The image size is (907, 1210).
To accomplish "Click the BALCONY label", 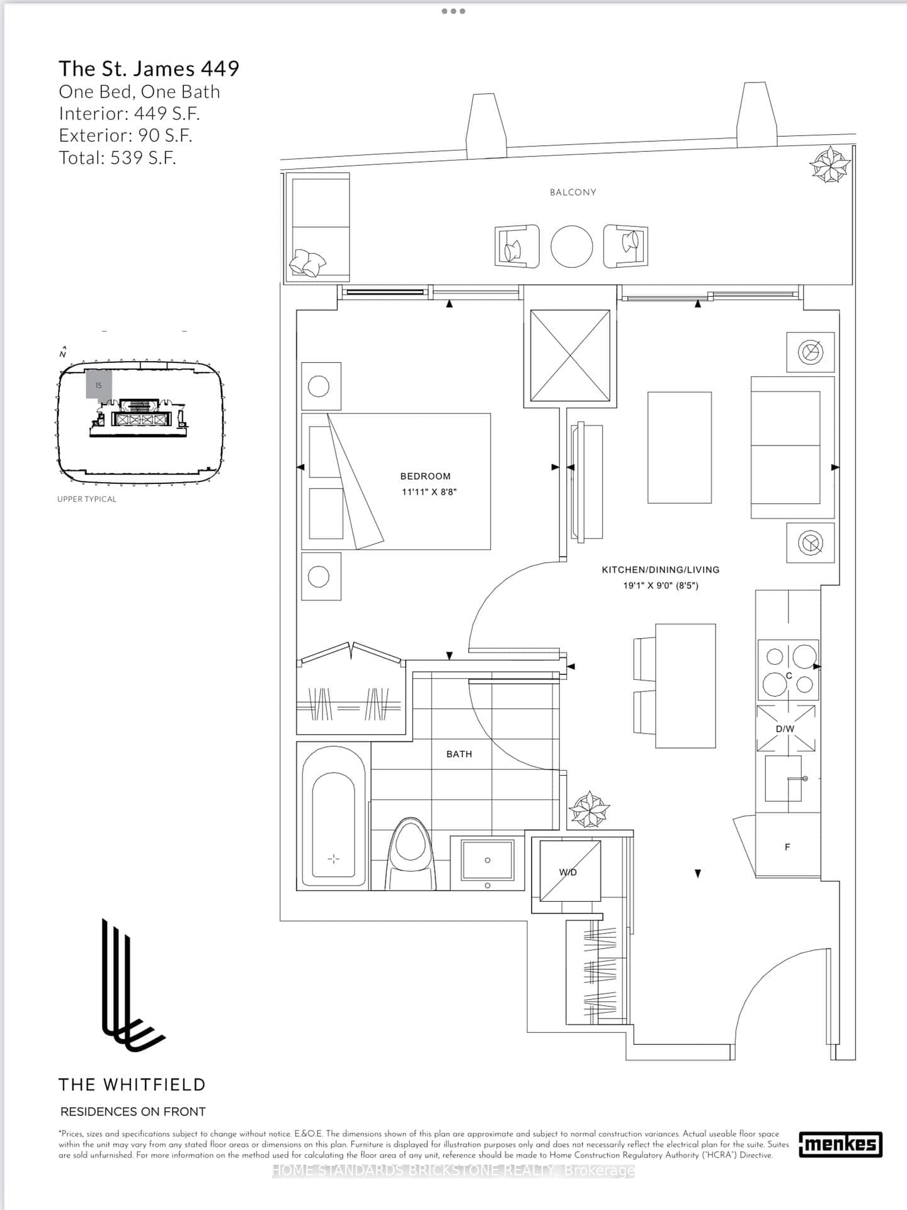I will (573, 192).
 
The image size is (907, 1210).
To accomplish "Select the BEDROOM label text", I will (425, 476).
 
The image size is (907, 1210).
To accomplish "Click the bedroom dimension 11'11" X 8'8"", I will (429, 492).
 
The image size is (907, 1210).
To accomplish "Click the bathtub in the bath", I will (334, 817).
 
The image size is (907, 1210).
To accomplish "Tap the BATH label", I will (459, 754).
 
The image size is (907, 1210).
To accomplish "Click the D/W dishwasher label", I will (785, 729).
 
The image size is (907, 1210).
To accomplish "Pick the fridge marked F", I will (787, 846).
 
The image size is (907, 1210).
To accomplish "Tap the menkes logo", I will (840, 1144).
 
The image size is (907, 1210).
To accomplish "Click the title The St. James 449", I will (149, 69).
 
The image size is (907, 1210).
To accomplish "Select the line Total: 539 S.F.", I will (117, 158).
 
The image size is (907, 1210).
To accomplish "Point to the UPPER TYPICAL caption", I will (87, 499).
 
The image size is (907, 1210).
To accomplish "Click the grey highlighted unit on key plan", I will (99, 384).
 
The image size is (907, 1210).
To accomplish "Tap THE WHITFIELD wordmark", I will (132, 1085).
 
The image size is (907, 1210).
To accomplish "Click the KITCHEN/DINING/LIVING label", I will (660, 570).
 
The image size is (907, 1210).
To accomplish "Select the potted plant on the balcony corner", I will (830, 164).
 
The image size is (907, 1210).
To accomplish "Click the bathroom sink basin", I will (488, 860).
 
